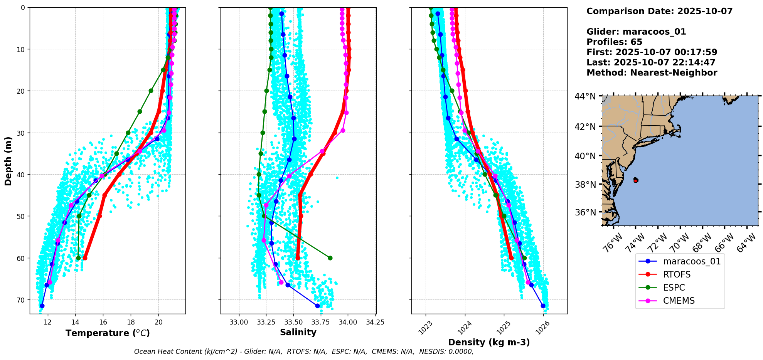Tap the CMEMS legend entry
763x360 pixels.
click(679, 301)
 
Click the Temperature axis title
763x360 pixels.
click(108, 333)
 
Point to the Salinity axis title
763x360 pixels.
click(298, 332)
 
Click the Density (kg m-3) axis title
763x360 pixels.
click(489, 342)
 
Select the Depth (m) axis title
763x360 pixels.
click(8, 161)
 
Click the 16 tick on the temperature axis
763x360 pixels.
click(103, 322)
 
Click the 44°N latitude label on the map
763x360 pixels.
click(585, 96)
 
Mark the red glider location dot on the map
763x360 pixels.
click(636, 180)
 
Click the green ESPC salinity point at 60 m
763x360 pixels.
click(330, 258)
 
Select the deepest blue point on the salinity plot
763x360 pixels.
click(317, 306)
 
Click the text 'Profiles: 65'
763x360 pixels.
click(614, 42)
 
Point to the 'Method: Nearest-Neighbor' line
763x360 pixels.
click(652, 73)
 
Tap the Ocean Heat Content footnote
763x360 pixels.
click(303, 352)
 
